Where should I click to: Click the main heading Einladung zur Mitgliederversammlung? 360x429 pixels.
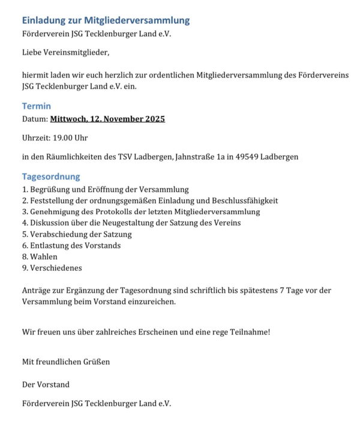click(x=106, y=20)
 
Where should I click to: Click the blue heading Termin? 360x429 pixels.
click(x=37, y=106)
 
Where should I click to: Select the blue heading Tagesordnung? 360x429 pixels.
click(x=51, y=177)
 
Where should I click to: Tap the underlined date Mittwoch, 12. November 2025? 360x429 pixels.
click(x=107, y=119)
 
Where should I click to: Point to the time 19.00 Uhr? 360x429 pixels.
click(x=71, y=138)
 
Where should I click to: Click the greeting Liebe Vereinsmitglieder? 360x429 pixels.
click(x=66, y=53)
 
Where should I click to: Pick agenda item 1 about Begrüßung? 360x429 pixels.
click(x=105, y=190)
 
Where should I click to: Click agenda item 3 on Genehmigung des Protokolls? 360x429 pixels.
click(x=141, y=212)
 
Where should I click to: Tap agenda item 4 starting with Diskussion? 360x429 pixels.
click(x=131, y=223)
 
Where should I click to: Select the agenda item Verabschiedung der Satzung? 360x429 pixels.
click(x=77, y=234)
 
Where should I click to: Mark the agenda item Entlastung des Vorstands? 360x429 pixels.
click(x=71, y=245)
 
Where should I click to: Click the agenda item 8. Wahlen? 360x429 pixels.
click(x=40, y=257)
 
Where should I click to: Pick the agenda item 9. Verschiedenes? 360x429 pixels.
click(x=52, y=268)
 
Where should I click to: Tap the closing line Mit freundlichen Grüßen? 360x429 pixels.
click(x=66, y=362)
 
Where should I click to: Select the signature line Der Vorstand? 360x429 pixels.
click(x=46, y=384)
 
